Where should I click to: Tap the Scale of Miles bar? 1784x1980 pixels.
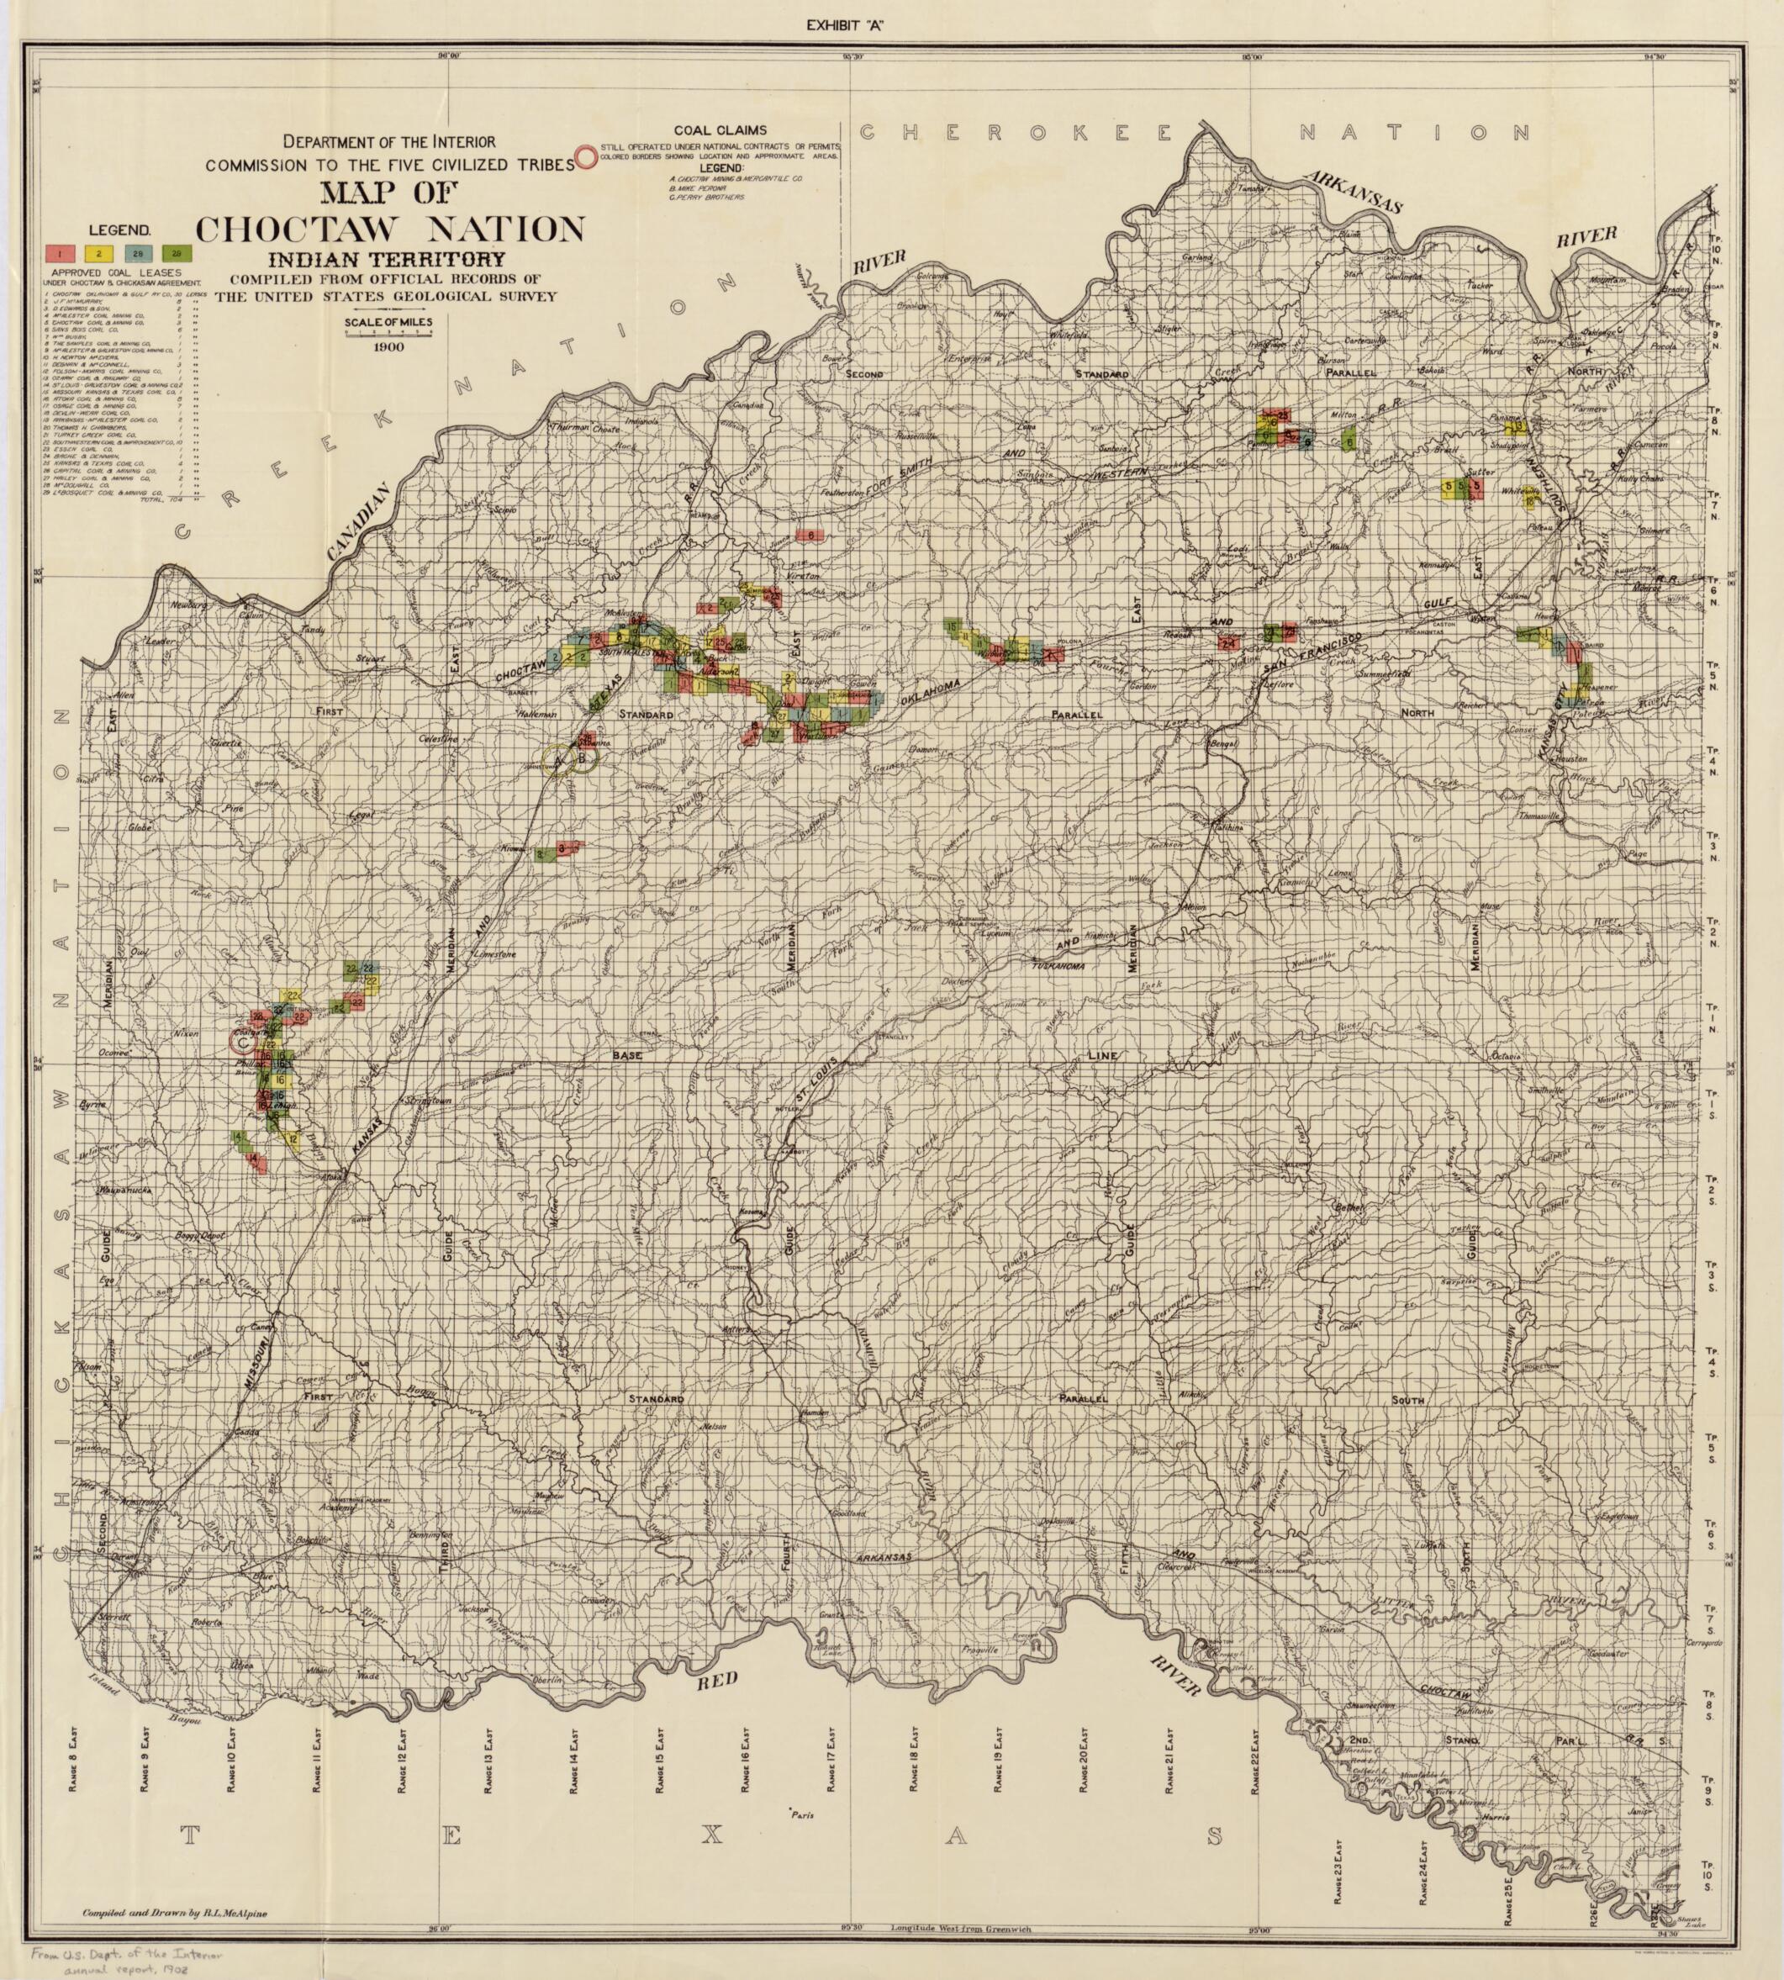(x=388, y=332)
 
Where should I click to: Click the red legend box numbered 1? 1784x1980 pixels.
(x=61, y=254)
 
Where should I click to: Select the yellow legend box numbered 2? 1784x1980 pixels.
(x=99, y=254)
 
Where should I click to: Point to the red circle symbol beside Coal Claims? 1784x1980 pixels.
(x=585, y=157)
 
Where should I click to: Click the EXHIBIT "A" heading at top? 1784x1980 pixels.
(x=845, y=26)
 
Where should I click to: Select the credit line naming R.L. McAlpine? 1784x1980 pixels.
(x=175, y=1913)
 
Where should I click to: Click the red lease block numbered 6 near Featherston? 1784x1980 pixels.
(x=810, y=536)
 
